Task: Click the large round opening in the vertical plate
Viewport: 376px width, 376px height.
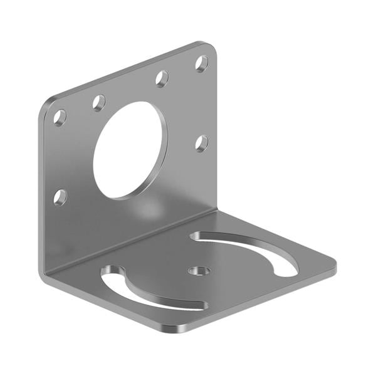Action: click(131, 150)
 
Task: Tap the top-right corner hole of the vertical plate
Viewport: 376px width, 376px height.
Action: click(202, 63)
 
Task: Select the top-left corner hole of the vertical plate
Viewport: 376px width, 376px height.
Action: click(60, 117)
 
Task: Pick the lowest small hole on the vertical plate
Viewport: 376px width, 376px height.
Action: click(60, 197)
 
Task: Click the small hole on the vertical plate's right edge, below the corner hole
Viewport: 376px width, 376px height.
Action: click(201, 143)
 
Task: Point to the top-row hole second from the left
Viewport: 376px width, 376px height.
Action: click(99, 102)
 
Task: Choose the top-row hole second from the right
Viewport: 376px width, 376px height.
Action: click(162, 78)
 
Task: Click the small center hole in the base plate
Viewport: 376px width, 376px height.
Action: click(199, 271)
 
